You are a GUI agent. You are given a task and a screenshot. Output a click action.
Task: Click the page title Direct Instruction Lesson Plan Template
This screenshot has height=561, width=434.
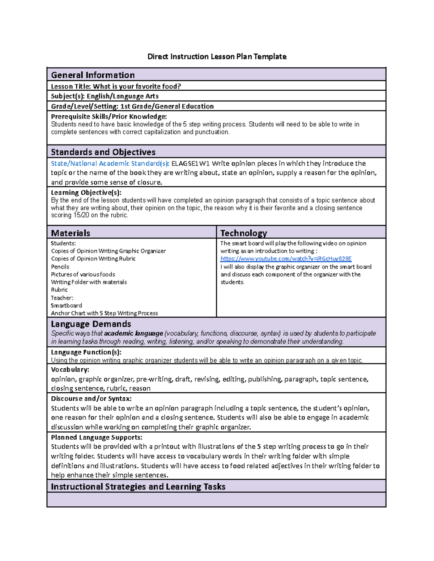(217, 57)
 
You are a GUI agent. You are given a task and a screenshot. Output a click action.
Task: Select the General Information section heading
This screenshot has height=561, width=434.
(93, 75)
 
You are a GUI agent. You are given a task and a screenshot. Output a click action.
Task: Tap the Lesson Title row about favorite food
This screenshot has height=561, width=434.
(116, 86)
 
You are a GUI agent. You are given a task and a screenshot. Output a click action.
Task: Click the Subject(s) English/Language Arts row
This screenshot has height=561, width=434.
(105, 96)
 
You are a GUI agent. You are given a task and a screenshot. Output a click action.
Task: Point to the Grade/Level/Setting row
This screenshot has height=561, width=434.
(132, 106)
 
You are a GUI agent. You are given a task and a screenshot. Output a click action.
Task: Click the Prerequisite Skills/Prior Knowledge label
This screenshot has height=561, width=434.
(109, 116)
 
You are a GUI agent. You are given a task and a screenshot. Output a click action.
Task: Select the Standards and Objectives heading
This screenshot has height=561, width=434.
(103, 152)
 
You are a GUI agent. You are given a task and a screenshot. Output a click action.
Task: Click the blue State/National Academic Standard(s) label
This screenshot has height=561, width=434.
(110, 163)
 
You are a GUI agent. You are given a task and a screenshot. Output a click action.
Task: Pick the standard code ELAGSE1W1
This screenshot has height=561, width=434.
(190, 163)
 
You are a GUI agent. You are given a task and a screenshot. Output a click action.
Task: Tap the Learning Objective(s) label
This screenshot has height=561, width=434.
(86, 193)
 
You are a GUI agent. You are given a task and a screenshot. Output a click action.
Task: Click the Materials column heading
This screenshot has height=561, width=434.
(71, 233)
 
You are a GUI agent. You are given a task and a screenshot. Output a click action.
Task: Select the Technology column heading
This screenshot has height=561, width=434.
(243, 233)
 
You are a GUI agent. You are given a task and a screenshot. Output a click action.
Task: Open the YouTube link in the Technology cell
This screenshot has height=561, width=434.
(286, 259)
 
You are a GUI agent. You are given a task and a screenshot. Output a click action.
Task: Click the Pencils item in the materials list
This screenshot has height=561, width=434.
(60, 267)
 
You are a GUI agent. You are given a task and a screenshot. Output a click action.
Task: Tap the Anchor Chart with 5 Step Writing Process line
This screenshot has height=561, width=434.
(104, 313)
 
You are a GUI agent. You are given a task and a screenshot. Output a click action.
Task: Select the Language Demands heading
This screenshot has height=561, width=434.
(91, 324)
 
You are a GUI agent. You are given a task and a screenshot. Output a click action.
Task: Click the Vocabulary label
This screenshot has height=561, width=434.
(70, 370)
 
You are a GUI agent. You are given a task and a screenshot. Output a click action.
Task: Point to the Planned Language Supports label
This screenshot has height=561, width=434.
(97, 437)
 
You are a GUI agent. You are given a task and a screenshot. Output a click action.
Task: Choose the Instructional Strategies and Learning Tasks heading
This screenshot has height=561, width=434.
(138, 487)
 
